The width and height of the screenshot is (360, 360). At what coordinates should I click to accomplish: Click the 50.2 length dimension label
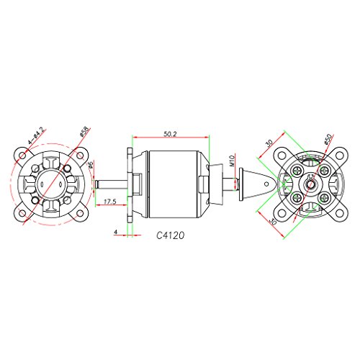tap(170, 134)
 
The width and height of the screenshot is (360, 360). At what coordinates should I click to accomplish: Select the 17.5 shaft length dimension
tap(110, 202)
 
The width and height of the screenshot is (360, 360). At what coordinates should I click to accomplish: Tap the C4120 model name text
tap(171, 235)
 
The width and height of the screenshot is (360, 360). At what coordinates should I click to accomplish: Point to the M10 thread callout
tap(232, 161)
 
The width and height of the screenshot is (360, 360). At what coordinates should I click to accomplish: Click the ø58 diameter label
tap(84, 132)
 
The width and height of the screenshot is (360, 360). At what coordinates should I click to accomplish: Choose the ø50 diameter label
tap(328, 139)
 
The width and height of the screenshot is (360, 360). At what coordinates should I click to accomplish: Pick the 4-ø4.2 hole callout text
tap(36, 136)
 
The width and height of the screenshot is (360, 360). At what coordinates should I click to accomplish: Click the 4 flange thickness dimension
tap(116, 232)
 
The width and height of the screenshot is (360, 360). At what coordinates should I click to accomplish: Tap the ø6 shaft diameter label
tap(91, 165)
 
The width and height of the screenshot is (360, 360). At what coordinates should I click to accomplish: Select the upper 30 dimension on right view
tap(269, 143)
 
